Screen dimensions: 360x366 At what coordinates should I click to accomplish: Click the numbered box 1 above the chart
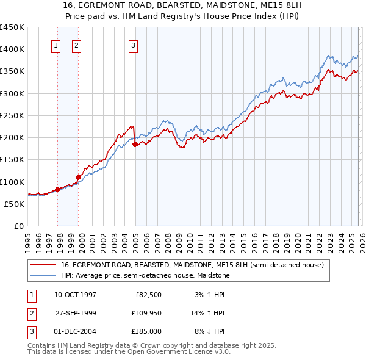[x=56, y=45]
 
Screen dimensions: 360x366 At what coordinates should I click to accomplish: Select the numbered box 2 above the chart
[x=77, y=45]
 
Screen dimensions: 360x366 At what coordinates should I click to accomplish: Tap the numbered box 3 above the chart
[x=133, y=45]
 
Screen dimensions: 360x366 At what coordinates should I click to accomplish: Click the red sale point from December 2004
[x=135, y=145]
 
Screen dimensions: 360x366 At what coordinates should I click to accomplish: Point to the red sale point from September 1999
[x=78, y=178]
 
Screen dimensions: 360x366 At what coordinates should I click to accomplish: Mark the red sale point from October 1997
[x=57, y=189]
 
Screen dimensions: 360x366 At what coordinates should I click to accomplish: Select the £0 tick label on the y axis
[x=18, y=226]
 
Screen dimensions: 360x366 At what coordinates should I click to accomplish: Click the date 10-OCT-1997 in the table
[x=75, y=295]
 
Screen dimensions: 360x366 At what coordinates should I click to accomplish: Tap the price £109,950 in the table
[x=146, y=313]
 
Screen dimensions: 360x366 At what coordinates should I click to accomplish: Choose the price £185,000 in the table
[x=146, y=331]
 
